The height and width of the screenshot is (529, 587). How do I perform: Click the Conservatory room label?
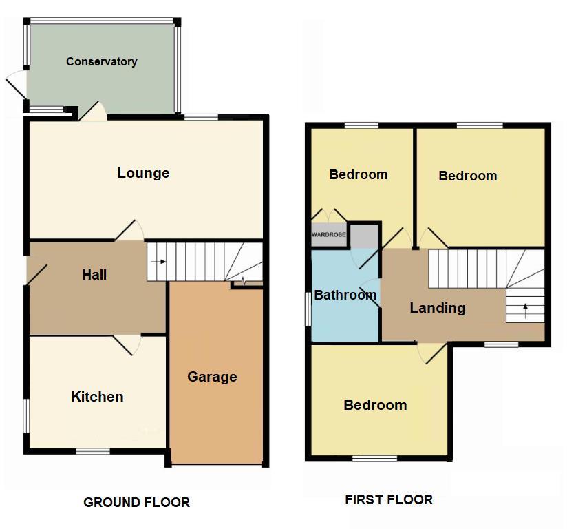pyautogui.click(x=101, y=61)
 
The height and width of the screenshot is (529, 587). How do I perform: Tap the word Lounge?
pyautogui.click(x=143, y=173)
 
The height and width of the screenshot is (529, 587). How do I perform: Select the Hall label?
pyautogui.click(x=94, y=275)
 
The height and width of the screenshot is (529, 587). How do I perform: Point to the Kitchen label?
pyautogui.click(x=97, y=397)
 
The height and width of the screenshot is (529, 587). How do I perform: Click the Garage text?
pyautogui.click(x=212, y=377)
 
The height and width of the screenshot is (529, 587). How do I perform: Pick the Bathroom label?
pyautogui.click(x=345, y=295)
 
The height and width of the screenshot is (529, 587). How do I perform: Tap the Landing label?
pyautogui.click(x=438, y=308)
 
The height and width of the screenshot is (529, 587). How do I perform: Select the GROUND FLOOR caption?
pyautogui.click(x=136, y=502)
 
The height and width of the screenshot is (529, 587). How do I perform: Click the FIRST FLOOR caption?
pyautogui.click(x=389, y=500)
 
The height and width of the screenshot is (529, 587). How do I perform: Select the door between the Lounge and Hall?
pyautogui.click(x=130, y=231)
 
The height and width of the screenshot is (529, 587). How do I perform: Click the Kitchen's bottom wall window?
pyautogui.click(x=92, y=452)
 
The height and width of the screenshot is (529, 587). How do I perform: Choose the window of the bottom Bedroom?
pyautogui.click(x=373, y=458)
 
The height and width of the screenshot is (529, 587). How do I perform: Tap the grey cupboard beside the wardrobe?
pyautogui.click(x=365, y=235)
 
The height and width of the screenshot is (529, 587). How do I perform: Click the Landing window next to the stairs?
pyautogui.click(x=500, y=343)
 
